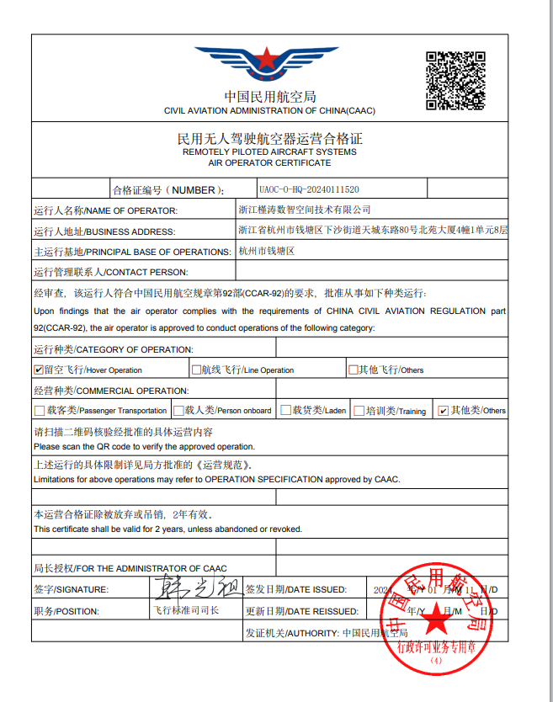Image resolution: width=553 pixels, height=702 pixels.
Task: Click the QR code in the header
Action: click(x=455, y=80)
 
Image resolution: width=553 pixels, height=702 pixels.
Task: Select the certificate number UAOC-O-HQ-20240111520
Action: click(x=309, y=190)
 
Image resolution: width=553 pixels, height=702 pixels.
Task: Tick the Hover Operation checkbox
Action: click(x=38, y=370)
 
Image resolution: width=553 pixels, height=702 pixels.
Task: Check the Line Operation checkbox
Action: click(x=196, y=370)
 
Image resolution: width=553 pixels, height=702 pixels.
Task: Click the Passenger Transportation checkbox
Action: click(x=39, y=411)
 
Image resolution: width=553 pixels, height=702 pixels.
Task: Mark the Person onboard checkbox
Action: click(x=178, y=411)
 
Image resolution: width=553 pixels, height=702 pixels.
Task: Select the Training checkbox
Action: click(x=359, y=411)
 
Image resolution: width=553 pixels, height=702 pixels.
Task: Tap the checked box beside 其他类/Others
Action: click(x=443, y=411)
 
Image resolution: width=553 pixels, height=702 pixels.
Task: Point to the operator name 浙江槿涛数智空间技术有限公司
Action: click(x=305, y=210)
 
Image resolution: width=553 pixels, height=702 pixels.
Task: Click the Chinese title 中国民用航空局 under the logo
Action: click(x=269, y=97)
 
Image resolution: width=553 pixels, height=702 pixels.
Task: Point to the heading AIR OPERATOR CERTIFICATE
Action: click(x=269, y=162)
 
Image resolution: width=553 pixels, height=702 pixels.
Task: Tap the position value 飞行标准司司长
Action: click(x=185, y=610)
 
